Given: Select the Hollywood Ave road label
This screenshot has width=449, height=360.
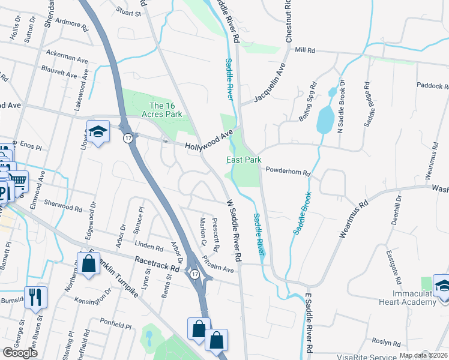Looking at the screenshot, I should (x=208, y=142).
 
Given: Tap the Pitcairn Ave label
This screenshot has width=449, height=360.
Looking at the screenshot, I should (x=218, y=265).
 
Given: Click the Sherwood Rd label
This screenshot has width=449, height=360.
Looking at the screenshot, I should (x=62, y=205).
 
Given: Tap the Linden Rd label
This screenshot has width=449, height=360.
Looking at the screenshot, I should (x=149, y=247).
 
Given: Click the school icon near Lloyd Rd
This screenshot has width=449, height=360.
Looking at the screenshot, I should (x=98, y=131).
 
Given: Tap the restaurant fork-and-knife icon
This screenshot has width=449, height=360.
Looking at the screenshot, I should (x=35, y=296).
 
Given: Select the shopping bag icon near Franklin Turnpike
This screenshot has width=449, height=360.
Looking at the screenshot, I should (x=88, y=263).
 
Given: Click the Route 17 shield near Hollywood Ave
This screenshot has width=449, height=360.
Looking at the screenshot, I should (x=128, y=138).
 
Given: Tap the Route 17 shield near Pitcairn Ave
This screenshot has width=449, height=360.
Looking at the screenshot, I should (x=194, y=274).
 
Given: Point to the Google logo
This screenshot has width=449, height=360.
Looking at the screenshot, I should (x=20, y=353).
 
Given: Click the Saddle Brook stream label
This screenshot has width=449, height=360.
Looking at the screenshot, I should (x=303, y=213).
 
